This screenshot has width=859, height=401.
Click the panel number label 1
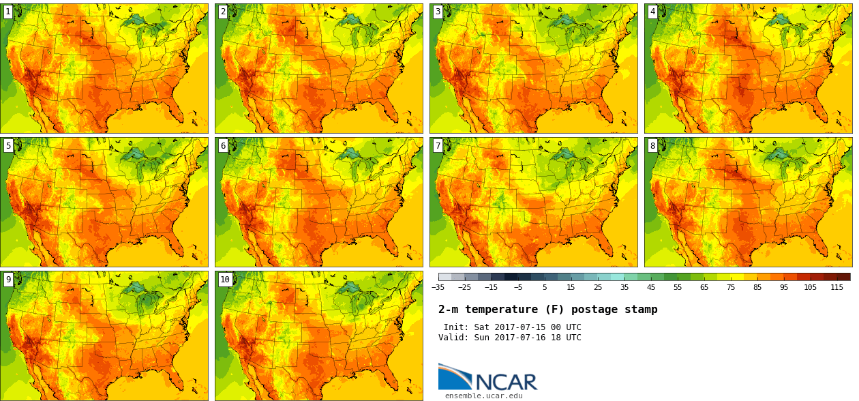[x=8, y=12]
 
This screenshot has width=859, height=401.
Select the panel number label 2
[x=223, y=12]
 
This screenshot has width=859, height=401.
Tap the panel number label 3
[x=438, y=12]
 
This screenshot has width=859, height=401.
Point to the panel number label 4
[x=652, y=12]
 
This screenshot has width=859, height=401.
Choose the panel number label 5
[x=8, y=145]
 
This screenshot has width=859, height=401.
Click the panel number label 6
[x=223, y=145]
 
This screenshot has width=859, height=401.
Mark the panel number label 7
[x=438, y=145]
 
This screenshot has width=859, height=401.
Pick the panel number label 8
[x=652, y=145]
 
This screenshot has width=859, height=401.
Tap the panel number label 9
[x=8, y=279]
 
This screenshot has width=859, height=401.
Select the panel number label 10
[x=225, y=279]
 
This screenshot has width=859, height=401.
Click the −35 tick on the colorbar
[x=438, y=287]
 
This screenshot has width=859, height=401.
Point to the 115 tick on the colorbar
[x=837, y=287]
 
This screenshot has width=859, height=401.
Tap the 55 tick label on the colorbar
[x=678, y=287]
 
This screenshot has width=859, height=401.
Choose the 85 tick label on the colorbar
[x=757, y=287]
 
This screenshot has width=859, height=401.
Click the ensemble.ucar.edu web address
[x=484, y=396]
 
